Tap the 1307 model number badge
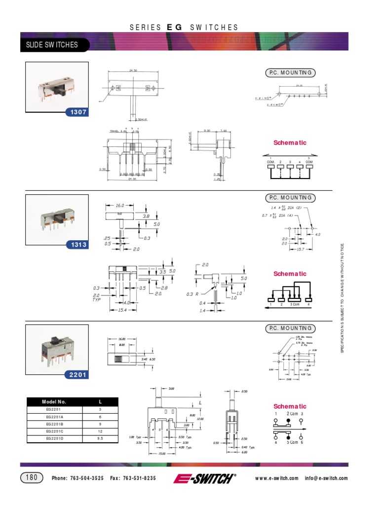[78, 112]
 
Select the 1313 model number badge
[78, 245]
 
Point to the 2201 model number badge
[78, 375]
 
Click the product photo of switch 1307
[57, 86]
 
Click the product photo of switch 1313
[57, 217]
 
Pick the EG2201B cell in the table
[54, 424]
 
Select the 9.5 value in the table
[100, 438]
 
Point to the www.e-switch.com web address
[277, 478]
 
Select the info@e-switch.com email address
[326, 478]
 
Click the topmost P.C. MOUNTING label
[290, 73]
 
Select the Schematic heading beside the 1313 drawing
[290, 274]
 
